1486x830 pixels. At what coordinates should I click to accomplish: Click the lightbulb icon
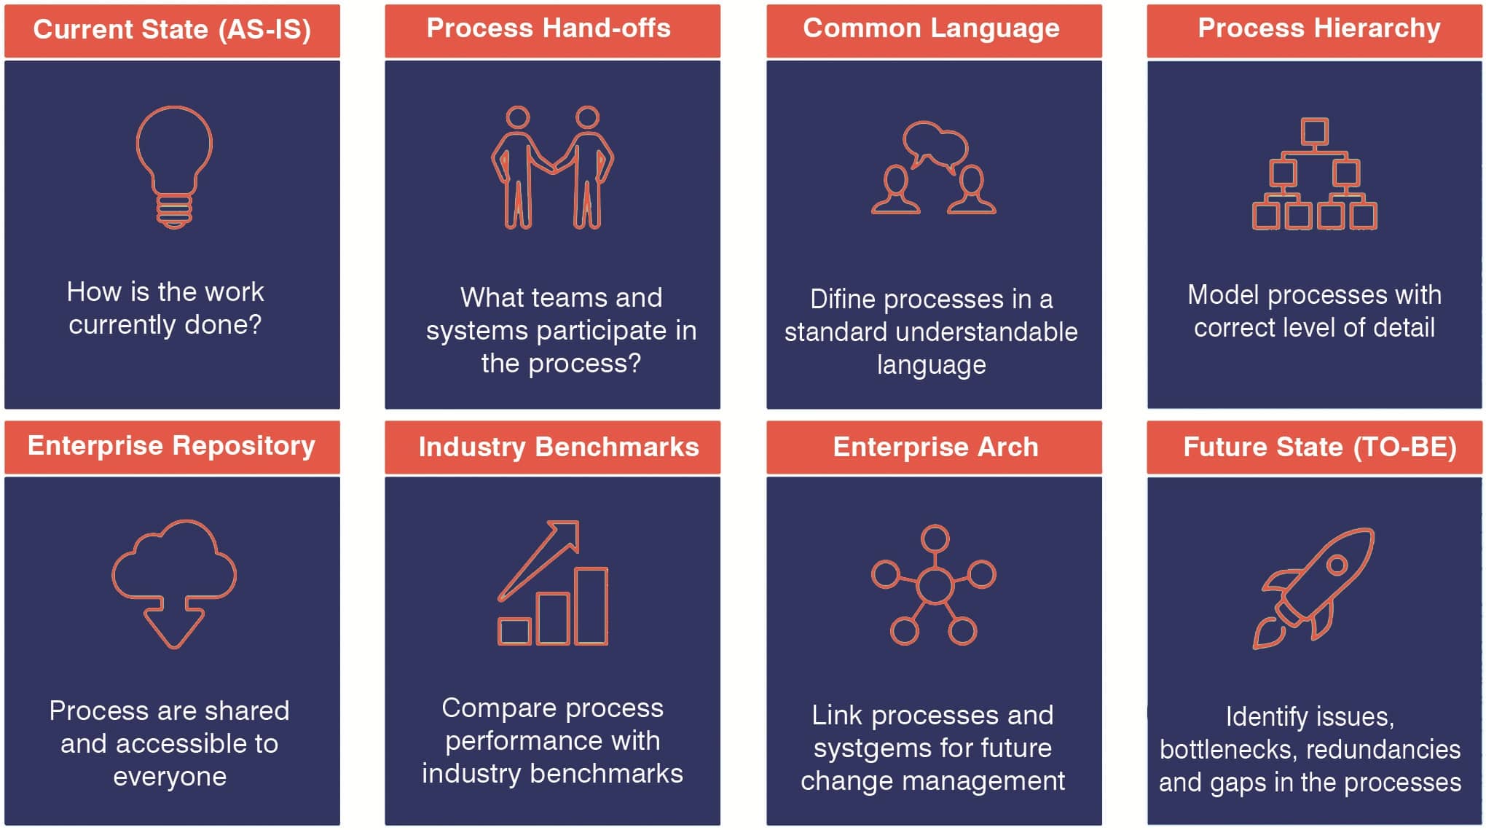coord(174,167)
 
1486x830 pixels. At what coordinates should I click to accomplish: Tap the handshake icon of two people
coord(553,167)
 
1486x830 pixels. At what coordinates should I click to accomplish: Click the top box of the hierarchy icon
coord(1314,132)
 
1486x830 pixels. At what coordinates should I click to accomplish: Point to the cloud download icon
coord(174,584)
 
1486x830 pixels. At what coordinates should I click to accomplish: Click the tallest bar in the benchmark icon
coord(591,606)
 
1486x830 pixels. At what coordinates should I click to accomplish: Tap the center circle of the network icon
coord(935,584)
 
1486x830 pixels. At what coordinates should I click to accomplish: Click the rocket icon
coord(1313,587)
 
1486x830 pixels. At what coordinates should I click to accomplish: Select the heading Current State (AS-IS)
coord(172,29)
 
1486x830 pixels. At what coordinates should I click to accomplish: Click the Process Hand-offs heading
coord(549,28)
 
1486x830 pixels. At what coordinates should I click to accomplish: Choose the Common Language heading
coord(931,28)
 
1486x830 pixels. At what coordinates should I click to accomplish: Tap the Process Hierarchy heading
coord(1319,28)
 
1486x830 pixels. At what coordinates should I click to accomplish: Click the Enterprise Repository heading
coord(171,445)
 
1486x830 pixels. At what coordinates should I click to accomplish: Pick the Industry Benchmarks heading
coord(559,447)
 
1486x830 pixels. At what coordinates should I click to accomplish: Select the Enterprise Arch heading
coord(936,447)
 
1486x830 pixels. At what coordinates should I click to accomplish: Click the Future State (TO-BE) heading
coord(1320,447)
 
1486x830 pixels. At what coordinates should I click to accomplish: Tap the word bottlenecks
coord(1221,750)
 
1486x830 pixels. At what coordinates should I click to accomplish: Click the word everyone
coord(170,778)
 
